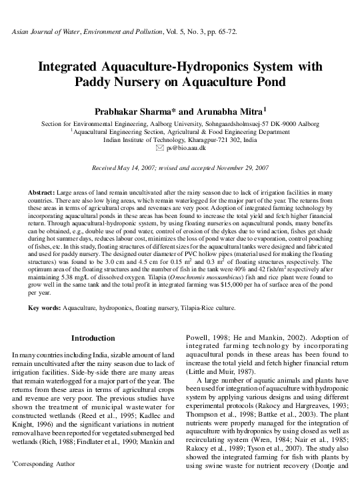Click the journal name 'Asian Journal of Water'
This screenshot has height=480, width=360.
[49, 32]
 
